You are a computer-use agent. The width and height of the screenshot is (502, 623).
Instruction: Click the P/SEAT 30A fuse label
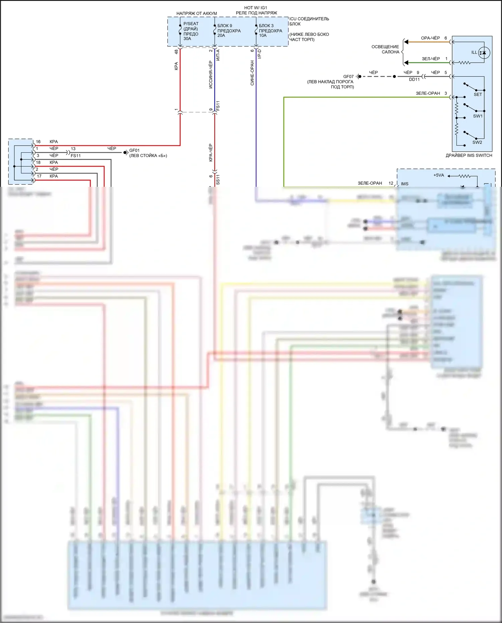coord(190,31)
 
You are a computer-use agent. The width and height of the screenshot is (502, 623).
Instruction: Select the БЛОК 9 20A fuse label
coord(229,30)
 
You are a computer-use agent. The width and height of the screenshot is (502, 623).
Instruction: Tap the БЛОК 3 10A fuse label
coord(270,30)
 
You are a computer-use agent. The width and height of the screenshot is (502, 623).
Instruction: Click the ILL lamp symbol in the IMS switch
coord(484,53)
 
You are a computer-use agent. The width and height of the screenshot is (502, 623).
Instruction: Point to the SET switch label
coord(478,94)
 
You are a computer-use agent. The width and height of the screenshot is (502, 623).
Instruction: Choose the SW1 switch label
coord(478,116)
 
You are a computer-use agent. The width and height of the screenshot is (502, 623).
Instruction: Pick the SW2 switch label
coord(477,142)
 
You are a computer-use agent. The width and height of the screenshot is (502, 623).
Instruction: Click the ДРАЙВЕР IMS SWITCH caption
coord(469,155)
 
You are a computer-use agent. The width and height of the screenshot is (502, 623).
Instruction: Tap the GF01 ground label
coord(134,150)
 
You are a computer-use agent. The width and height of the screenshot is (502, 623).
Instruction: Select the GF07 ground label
coord(348,77)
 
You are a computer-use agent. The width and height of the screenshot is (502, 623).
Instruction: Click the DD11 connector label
coord(414,80)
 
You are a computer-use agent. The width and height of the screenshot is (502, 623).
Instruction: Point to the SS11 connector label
coord(218,180)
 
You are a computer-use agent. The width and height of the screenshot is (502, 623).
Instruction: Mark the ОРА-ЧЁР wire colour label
coord(430,38)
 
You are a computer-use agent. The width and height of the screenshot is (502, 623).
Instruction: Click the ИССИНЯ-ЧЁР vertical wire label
coord(211,75)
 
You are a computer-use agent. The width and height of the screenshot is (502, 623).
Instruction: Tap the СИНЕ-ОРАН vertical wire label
coord(252,73)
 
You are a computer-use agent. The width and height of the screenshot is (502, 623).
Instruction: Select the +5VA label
coord(438,175)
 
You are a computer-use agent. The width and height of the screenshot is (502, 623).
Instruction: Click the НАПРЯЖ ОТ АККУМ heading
coord(196,13)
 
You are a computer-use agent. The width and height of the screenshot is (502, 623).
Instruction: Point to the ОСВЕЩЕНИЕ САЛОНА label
coord(386,49)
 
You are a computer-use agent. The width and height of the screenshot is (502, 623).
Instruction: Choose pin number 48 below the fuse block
coord(176,52)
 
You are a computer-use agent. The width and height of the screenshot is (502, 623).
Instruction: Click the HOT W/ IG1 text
coord(255,8)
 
